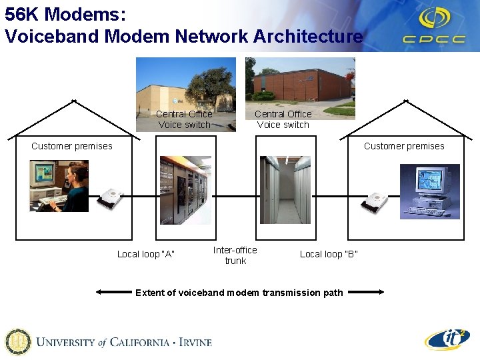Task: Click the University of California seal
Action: [x=17, y=342]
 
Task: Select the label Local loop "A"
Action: [x=145, y=254]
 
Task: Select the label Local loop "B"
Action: [x=329, y=254]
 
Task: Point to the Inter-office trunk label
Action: [x=235, y=255]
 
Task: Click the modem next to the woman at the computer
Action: [x=111, y=199]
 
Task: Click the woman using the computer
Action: [x=70, y=187]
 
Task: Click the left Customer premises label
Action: [x=72, y=146]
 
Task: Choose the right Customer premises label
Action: [x=404, y=146]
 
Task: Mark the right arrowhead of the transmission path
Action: [x=380, y=292]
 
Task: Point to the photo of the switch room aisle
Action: [x=285, y=190]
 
